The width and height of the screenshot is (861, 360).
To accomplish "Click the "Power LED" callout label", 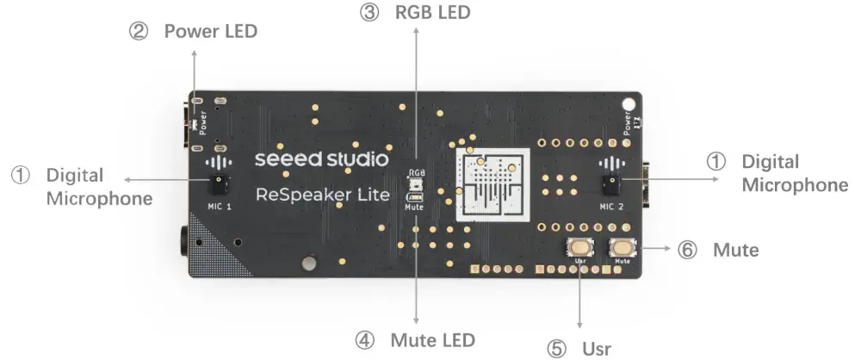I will [x=210, y=31].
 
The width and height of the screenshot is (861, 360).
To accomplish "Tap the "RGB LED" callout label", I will [x=432, y=13].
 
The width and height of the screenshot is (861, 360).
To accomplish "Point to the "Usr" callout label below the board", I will [x=596, y=348].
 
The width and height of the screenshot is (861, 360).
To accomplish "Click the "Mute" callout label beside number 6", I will [x=735, y=250].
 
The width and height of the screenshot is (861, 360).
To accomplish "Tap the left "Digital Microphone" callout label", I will [x=85, y=187].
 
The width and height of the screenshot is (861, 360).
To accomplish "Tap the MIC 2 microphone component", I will [x=611, y=183].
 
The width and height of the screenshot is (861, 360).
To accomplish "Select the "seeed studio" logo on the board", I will [x=322, y=160].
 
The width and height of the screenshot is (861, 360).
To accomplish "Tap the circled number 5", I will [x=558, y=348].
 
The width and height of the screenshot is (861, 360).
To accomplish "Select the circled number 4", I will [x=365, y=339].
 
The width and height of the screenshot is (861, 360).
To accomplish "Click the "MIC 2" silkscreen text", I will [x=611, y=207].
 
